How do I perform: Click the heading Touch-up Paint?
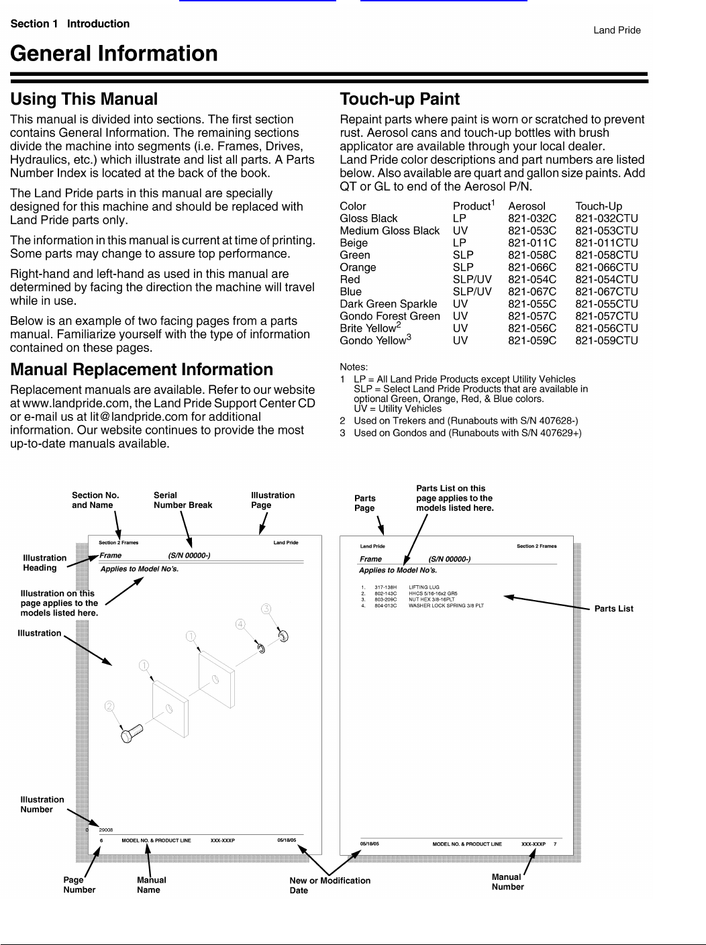click(x=399, y=99)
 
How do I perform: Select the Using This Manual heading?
click(x=84, y=99)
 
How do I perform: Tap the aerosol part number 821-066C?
click(x=532, y=267)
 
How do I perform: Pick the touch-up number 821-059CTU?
click(x=606, y=340)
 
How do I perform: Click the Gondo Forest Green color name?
click(x=390, y=316)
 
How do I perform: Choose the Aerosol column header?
click(x=526, y=206)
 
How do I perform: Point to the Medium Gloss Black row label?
click(x=389, y=230)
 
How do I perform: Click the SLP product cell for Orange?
click(x=462, y=267)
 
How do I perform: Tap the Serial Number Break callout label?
click(x=183, y=500)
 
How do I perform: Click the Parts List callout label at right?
click(x=613, y=609)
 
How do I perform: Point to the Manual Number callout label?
click(x=507, y=882)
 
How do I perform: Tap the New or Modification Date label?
click(x=330, y=885)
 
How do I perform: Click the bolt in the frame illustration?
click(x=131, y=733)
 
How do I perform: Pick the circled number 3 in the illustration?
click(x=266, y=609)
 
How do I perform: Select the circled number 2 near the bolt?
click(x=109, y=706)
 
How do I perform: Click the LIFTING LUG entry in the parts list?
click(x=423, y=587)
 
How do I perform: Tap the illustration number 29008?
click(x=106, y=830)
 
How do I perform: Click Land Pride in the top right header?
click(x=616, y=30)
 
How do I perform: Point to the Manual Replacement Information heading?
click(x=142, y=370)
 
